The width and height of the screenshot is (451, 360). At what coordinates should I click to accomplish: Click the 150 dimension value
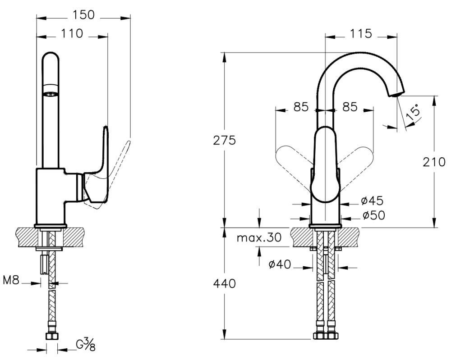coord(83,15)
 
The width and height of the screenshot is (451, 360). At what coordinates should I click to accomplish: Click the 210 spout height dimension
coord(434,161)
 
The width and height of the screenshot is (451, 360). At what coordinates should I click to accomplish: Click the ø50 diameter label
coord(373,215)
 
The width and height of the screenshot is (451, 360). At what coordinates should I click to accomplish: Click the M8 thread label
coord(11,281)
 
